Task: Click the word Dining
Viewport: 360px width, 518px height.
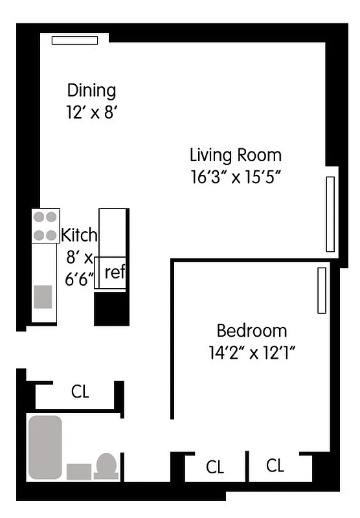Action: click(x=91, y=90)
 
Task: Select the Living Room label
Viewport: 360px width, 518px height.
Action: click(x=235, y=155)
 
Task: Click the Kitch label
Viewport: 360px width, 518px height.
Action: click(x=79, y=234)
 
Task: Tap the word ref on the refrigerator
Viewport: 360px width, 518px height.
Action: click(x=114, y=272)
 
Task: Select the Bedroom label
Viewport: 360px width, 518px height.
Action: click(x=251, y=331)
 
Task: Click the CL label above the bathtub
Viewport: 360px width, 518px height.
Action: click(x=80, y=392)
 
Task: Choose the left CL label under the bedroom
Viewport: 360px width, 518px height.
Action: click(x=215, y=467)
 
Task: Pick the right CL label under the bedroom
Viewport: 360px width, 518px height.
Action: click(x=275, y=465)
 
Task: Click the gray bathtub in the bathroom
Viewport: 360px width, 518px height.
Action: click(x=45, y=447)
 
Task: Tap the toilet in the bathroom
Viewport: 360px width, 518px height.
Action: click(x=106, y=466)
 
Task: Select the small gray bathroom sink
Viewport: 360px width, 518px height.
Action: click(x=79, y=471)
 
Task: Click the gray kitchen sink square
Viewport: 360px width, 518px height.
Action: click(x=43, y=297)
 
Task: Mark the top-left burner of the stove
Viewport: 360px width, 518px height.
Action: click(x=39, y=218)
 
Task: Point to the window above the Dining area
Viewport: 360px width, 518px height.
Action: click(x=74, y=40)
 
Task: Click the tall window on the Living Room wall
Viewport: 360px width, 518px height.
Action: click(x=330, y=214)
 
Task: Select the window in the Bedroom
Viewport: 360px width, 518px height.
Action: click(x=321, y=290)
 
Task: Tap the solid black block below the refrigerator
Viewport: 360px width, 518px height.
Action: click(x=110, y=309)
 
